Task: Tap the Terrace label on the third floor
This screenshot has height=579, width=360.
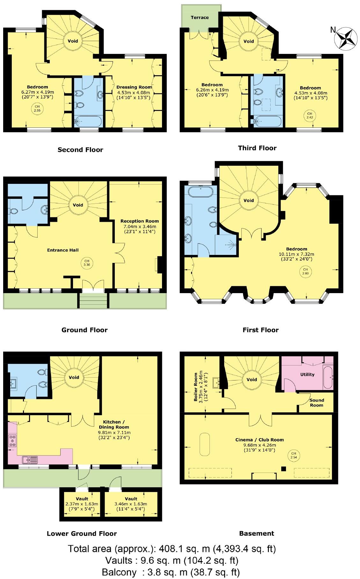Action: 200,18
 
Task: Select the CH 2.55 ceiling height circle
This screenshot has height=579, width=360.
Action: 37,108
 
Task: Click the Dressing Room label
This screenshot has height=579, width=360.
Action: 134,87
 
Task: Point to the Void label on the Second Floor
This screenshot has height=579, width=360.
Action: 73,41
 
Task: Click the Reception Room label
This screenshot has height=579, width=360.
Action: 139,221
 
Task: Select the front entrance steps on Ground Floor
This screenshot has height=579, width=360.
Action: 93,301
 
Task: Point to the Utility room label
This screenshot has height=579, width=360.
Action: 307,374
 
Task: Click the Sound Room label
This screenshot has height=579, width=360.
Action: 316,402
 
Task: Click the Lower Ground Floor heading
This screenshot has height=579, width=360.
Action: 82,533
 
